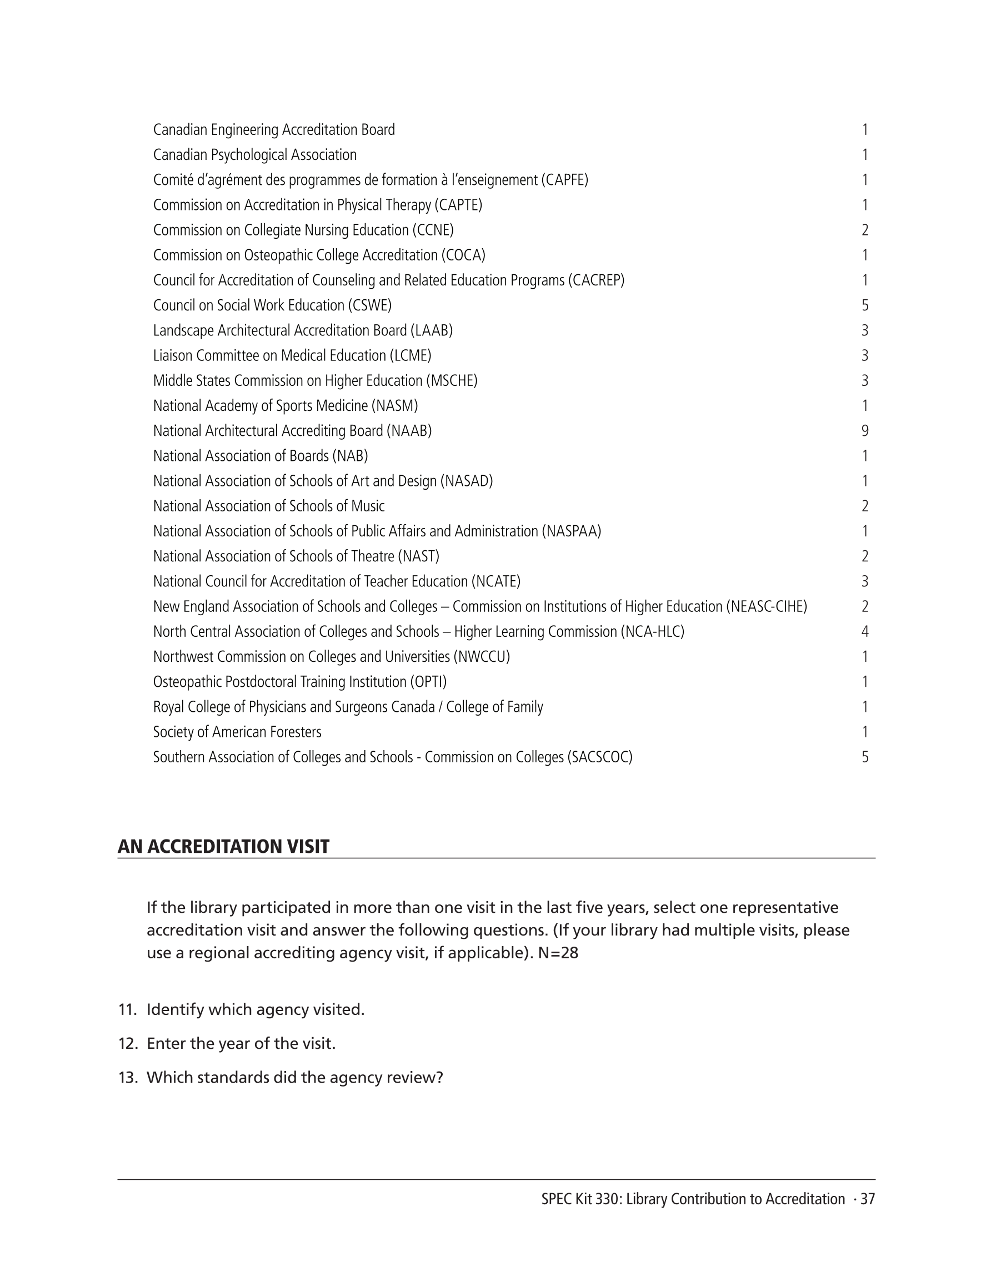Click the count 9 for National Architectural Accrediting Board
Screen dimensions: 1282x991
(865, 431)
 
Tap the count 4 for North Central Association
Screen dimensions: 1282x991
(865, 632)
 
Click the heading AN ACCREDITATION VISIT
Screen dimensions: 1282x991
(223, 847)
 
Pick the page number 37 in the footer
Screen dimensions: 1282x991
(868, 1199)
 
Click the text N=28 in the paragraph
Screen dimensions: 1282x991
(558, 953)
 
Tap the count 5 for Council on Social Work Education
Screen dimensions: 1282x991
(865, 305)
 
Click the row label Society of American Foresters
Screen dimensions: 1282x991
(237, 732)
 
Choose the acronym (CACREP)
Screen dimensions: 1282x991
(595, 280)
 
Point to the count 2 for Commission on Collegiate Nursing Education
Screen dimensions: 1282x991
(865, 230)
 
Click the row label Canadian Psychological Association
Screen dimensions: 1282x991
(255, 155)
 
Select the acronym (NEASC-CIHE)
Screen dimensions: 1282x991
(767, 606)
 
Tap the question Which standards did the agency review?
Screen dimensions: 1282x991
(294, 1078)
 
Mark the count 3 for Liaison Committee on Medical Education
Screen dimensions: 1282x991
(865, 356)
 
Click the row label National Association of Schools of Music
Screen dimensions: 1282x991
(269, 506)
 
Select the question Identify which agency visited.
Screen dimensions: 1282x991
(256, 1009)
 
